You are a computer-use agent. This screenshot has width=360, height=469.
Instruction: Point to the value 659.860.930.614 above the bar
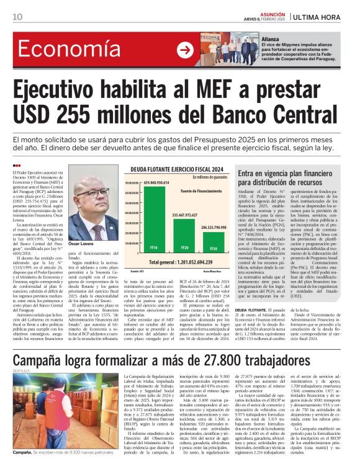click(156, 182)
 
